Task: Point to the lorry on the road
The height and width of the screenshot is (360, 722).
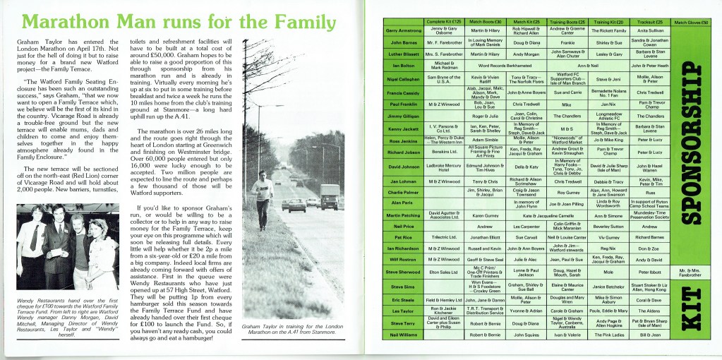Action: click(x=328, y=196)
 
